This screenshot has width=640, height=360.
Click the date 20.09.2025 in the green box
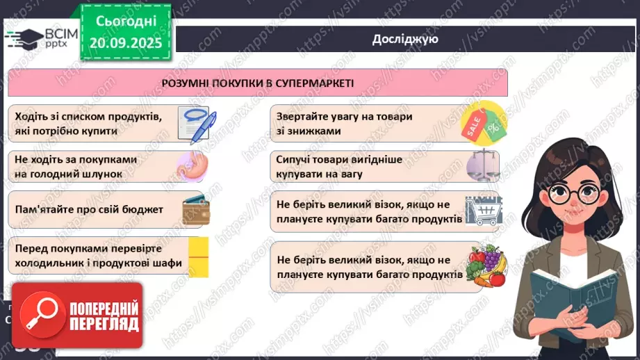coord(126,42)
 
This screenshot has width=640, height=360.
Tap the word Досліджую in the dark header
coord(405,39)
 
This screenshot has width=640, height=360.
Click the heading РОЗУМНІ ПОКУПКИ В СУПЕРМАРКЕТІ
coord(258,83)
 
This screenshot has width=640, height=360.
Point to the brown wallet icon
coord(195,210)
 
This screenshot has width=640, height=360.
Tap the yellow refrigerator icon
coord(198,256)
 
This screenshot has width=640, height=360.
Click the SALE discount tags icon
coord(485,122)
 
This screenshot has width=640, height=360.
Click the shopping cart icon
coord(483,211)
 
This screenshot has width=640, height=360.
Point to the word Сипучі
coord(294,159)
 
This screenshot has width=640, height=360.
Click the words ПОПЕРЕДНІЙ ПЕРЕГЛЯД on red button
coord(103,316)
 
